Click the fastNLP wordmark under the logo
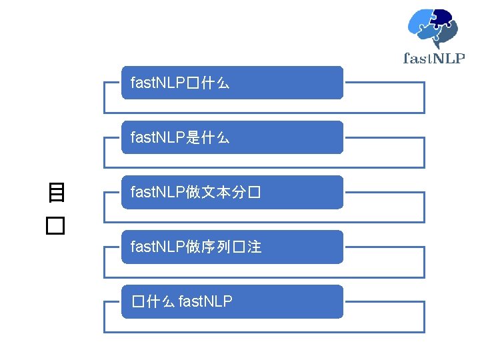434,58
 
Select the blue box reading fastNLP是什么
232,137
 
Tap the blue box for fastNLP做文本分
232,192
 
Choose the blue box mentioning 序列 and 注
232,247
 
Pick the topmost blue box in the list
232,83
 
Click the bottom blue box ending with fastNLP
232,301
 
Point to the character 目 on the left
56,193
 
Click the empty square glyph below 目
55,226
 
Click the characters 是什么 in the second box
209,138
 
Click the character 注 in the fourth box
253,247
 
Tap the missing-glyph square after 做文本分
253,193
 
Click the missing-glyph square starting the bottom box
137,302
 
